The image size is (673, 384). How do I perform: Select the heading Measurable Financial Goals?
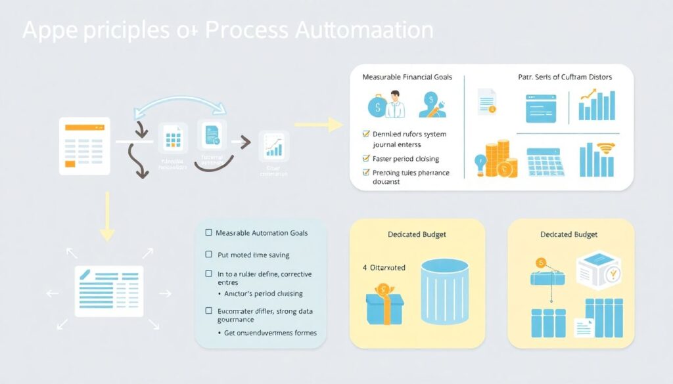[x=407, y=77]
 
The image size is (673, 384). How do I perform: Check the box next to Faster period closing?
[x=367, y=158]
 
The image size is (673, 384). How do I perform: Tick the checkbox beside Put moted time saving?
[x=209, y=255]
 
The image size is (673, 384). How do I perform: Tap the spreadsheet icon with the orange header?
[x=84, y=146]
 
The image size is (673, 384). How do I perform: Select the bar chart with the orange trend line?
[x=597, y=106]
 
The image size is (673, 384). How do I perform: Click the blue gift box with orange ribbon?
[x=384, y=304]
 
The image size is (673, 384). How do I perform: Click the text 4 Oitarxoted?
[x=384, y=267]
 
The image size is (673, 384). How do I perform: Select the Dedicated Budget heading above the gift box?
[x=417, y=234]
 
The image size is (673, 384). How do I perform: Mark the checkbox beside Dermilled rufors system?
[x=367, y=134]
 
